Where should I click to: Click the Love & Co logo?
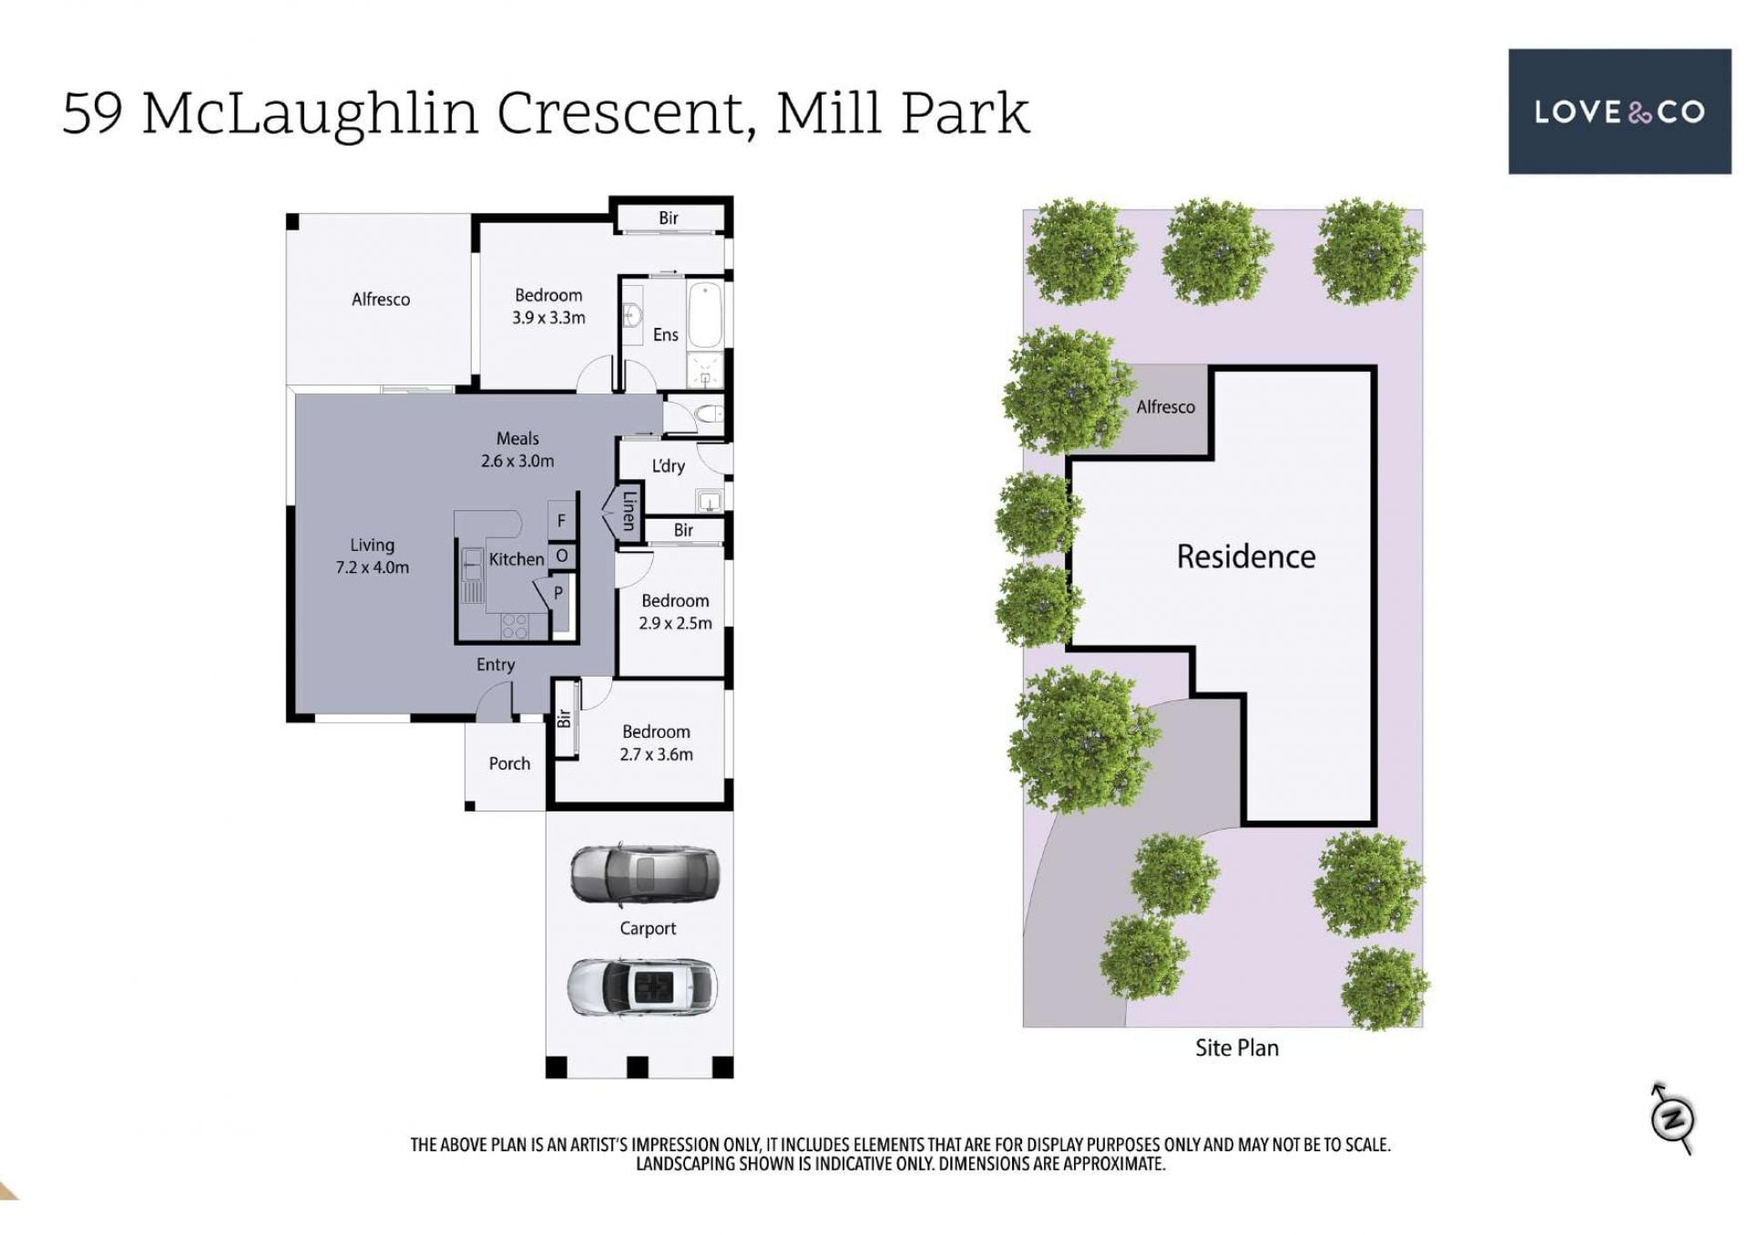click(1619, 111)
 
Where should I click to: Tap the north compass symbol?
click(1672, 1118)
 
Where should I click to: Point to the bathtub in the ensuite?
click(705, 315)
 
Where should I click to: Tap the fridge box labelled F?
click(561, 520)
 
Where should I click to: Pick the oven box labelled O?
click(562, 556)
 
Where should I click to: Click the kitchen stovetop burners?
click(515, 626)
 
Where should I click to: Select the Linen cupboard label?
click(629, 511)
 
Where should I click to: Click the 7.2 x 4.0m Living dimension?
click(373, 567)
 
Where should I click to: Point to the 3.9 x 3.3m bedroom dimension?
click(548, 318)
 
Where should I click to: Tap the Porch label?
click(509, 763)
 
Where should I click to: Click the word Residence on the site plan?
click(1246, 556)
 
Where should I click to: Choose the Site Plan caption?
click(1237, 1048)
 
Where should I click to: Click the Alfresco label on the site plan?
click(1165, 407)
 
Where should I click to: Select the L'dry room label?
click(668, 466)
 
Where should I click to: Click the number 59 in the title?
click(92, 113)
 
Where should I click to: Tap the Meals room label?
click(517, 439)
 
